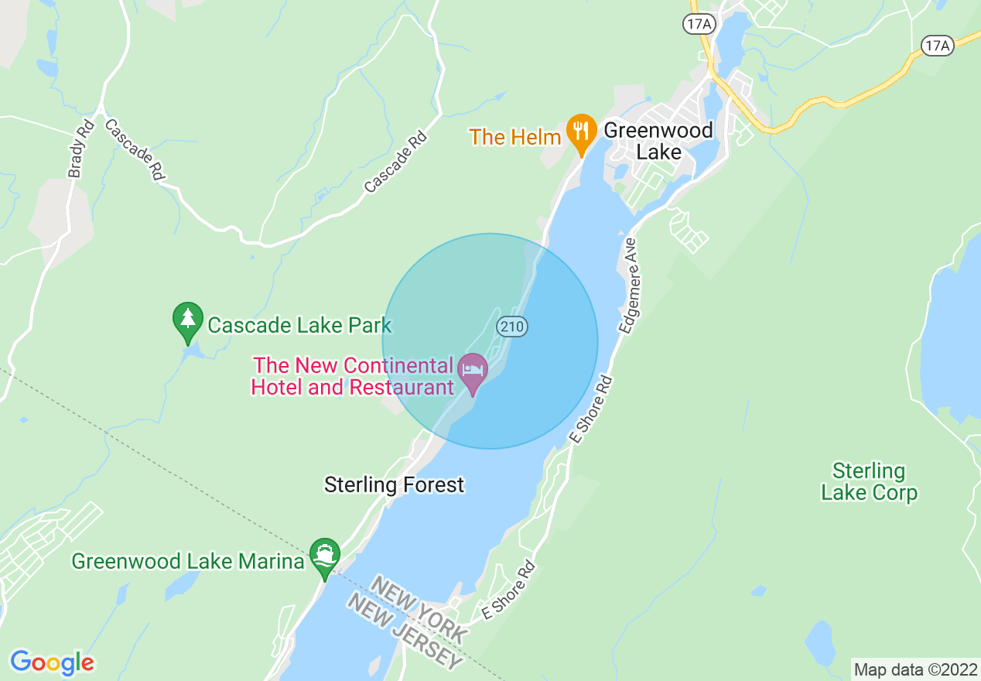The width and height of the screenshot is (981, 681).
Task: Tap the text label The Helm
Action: tap(514, 138)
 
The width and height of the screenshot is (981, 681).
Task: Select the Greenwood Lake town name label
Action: tap(658, 141)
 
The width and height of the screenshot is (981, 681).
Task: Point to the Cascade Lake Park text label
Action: tap(299, 326)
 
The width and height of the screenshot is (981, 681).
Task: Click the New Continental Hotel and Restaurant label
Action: tap(353, 376)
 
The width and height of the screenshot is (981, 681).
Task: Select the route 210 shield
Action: tap(512, 327)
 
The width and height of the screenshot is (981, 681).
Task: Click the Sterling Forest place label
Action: tap(394, 485)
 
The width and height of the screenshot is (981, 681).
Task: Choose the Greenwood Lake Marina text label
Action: tap(188, 561)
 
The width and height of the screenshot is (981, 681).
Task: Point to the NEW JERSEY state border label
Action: tap(405, 631)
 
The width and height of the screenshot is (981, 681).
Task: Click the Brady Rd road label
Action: tap(80, 149)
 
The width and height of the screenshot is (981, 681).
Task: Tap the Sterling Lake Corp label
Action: tap(869, 481)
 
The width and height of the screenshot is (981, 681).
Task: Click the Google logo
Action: tap(52, 662)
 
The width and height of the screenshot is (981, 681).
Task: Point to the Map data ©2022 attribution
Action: tap(914, 669)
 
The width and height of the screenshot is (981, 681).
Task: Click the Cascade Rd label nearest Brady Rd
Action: tap(134, 150)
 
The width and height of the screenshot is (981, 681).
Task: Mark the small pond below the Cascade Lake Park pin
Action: tap(190, 354)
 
